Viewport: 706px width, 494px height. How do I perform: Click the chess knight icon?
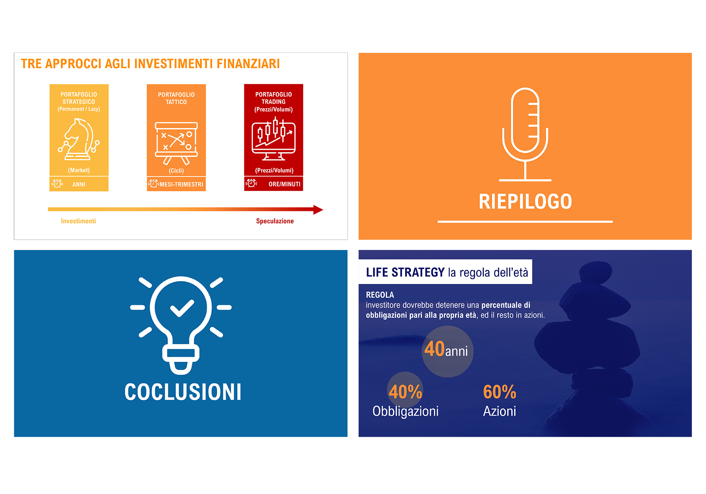point(79,139)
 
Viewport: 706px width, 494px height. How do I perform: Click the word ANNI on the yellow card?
point(79,184)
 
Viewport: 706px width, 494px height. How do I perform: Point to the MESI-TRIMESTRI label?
point(181,184)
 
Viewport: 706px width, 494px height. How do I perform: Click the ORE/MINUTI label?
point(284,184)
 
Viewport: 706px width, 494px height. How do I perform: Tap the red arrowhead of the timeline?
point(318,210)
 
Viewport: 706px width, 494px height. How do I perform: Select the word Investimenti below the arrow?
point(78,221)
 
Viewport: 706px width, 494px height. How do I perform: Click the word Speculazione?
point(275,221)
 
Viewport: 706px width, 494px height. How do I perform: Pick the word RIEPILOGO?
point(525,202)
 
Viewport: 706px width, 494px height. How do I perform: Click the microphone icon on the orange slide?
point(525,134)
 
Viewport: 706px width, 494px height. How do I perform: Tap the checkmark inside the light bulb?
point(182,308)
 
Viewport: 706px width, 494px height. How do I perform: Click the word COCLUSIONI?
point(183,392)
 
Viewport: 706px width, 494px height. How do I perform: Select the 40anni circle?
point(448,352)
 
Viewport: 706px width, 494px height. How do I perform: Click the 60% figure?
point(500,392)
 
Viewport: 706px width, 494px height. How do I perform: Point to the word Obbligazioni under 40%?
point(406,411)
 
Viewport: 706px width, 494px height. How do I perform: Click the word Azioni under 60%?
point(500,411)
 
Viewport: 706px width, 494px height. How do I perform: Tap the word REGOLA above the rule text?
point(380,295)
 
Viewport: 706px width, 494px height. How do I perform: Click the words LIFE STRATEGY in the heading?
point(405,272)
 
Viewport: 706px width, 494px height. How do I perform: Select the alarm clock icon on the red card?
point(251,183)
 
